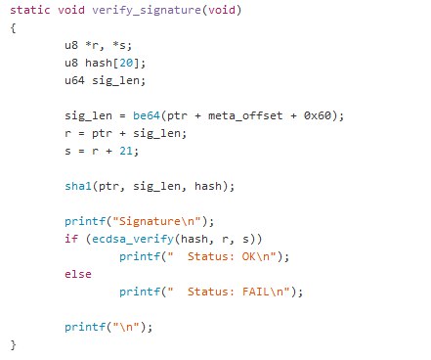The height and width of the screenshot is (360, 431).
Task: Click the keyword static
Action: coord(28,10)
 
